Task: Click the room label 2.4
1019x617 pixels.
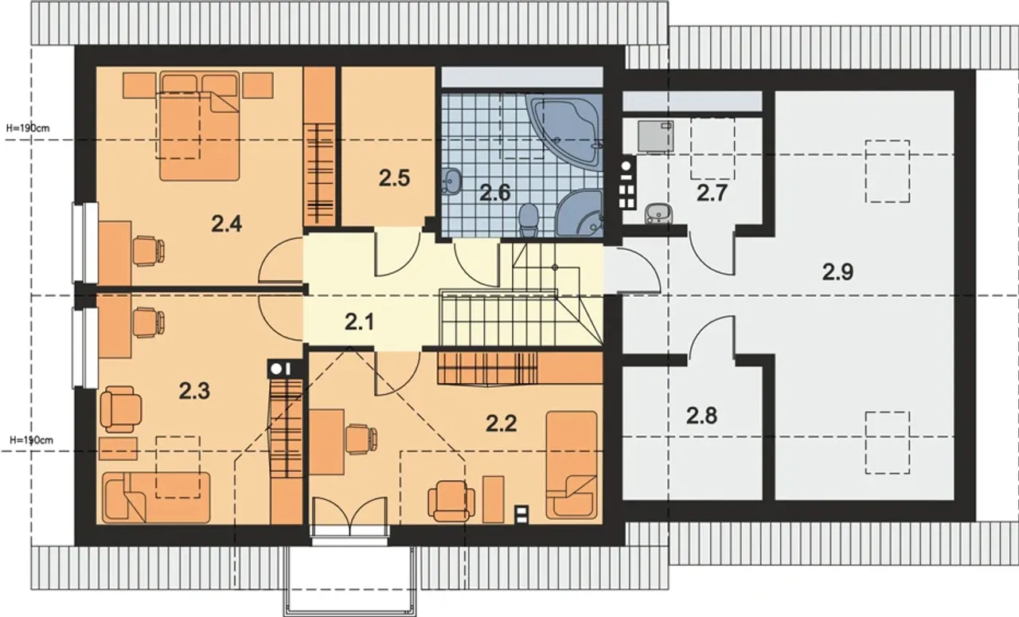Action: (x=226, y=224)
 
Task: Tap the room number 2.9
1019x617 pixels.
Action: (x=837, y=272)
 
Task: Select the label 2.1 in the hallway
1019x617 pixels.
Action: (x=359, y=322)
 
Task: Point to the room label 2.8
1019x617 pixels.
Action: (x=701, y=416)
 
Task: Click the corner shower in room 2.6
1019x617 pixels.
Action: (x=581, y=213)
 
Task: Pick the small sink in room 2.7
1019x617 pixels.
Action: (x=658, y=213)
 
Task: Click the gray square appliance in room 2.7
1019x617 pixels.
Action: (x=655, y=135)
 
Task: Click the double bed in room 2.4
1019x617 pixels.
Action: (x=200, y=126)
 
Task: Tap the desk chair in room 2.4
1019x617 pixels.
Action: (x=148, y=251)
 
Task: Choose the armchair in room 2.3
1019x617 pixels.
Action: (x=121, y=409)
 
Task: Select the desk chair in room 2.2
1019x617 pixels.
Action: (x=361, y=439)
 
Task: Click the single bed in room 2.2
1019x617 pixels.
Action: (x=572, y=465)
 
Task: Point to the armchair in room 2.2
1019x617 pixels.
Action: (x=451, y=501)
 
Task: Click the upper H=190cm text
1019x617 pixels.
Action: (x=28, y=128)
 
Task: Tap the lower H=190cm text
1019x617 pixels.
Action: (x=31, y=440)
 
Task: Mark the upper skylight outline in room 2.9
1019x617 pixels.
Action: (x=887, y=171)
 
